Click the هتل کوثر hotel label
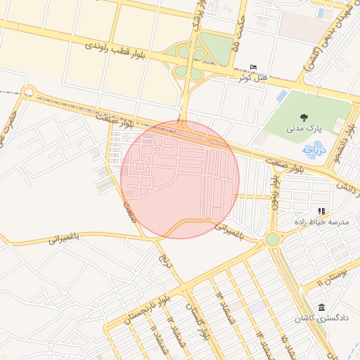pyautogui.click(x=253, y=77)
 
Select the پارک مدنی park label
pyautogui.click(x=304, y=129)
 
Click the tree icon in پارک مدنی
pyautogui.click(x=304, y=117)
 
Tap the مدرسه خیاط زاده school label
pyautogui.click(x=321, y=221)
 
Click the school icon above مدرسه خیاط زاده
pyautogui.click(x=321, y=211)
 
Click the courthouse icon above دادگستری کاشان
pyautogui.click(x=321, y=308)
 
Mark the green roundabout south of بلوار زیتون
pyautogui.click(x=272, y=240)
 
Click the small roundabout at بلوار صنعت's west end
pyautogui.click(x=29, y=91)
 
